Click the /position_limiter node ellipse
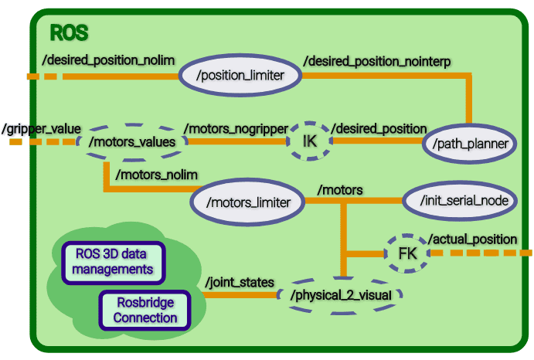click(x=239, y=76)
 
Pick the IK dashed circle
click(x=310, y=141)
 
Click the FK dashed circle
click(x=406, y=253)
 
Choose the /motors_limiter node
click(x=247, y=202)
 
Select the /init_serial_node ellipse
click(x=458, y=200)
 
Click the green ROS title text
click(x=69, y=33)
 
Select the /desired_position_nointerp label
click(x=377, y=60)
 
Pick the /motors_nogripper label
click(x=236, y=127)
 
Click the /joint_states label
click(x=240, y=283)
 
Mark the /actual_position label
click(x=472, y=239)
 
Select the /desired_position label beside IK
click(x=379, y=128)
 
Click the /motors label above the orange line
click(x=340, y=188)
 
